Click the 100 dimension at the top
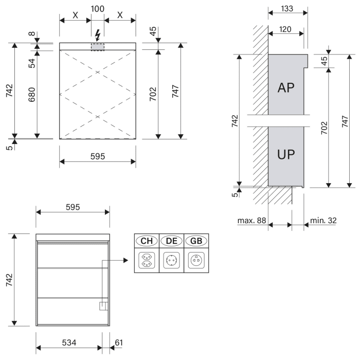coord(97,9)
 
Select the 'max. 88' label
coord(251,221)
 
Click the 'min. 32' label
coord(323,221)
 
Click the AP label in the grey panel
coord(285,87)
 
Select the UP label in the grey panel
coord(285,154)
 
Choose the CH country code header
coord(146,241)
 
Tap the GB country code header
coord(196,241)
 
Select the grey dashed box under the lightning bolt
coord(98,47)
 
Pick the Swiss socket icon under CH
coord(146,260)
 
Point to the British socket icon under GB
coord(196,260)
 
